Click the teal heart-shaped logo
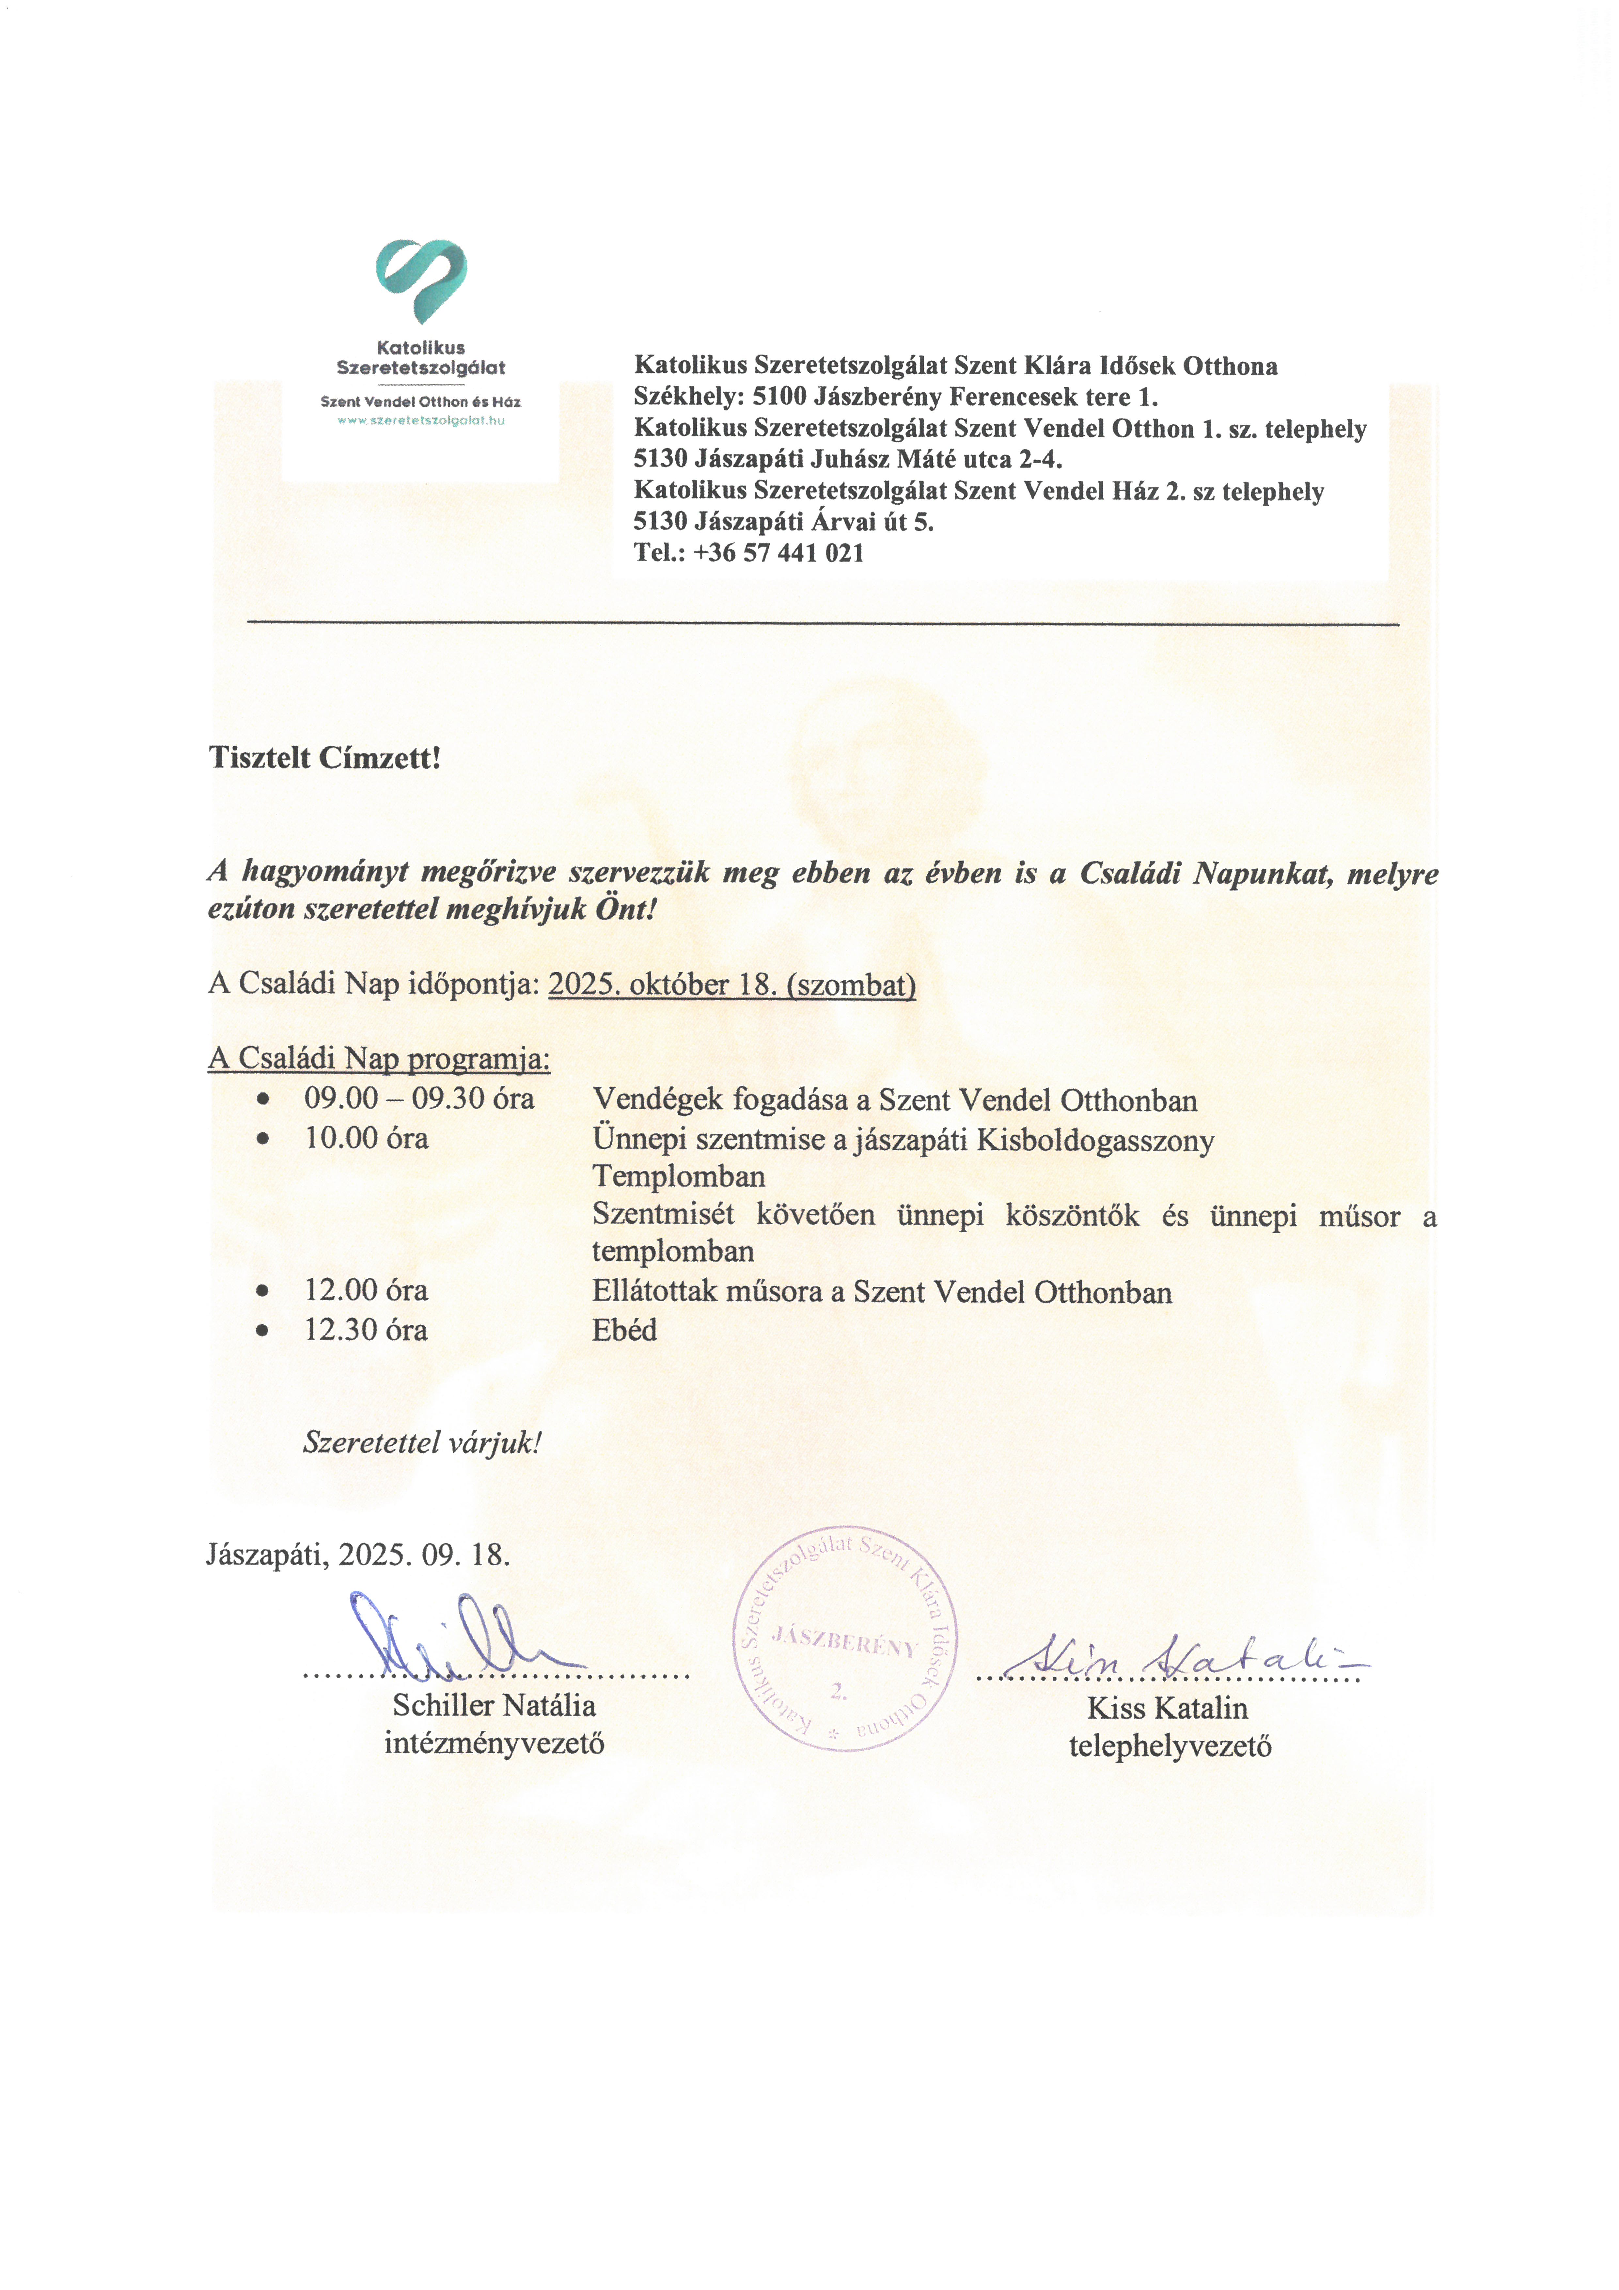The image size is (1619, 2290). (421, 279)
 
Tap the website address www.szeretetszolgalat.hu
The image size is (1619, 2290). (421, 421)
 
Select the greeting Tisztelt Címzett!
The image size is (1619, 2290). (324, 758)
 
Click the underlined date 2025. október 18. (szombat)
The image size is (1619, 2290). (731, 986)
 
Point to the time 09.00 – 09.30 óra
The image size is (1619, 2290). (419, 1099)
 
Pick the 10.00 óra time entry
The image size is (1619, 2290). (366, 1138)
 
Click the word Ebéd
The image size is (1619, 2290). (624, 1331)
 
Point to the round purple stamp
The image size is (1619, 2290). (844, 1646)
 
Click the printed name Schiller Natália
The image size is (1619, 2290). (494, 1706)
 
